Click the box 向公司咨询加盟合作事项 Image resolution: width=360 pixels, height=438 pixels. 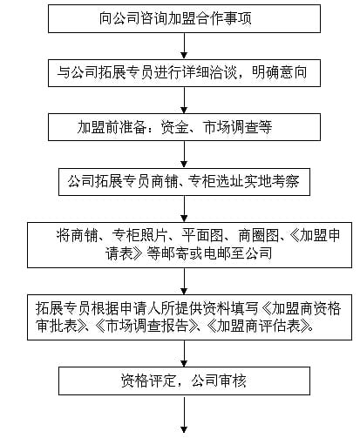184,18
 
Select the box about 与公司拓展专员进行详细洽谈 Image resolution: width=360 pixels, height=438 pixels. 184,73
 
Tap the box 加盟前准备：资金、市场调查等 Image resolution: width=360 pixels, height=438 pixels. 184,127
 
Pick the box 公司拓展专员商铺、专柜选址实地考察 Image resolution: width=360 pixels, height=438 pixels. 184,182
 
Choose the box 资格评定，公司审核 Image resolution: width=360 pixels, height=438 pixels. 184,381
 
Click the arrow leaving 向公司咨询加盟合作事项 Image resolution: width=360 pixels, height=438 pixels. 184,46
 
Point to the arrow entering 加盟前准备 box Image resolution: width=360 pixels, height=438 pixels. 184,100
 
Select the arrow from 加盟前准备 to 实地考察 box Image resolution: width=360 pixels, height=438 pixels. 184,154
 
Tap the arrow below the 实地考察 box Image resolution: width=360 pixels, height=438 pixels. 184,209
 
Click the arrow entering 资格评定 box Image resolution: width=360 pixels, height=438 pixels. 184,354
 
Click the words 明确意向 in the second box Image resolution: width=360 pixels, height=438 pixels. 279,72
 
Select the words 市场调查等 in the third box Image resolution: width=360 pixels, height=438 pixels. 238,127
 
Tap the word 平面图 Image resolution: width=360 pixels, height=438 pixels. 202,235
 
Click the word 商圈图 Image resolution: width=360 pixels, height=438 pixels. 259,235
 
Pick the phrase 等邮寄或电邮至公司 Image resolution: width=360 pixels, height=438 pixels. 209,253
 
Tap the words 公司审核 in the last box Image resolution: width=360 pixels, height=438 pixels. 219,381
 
